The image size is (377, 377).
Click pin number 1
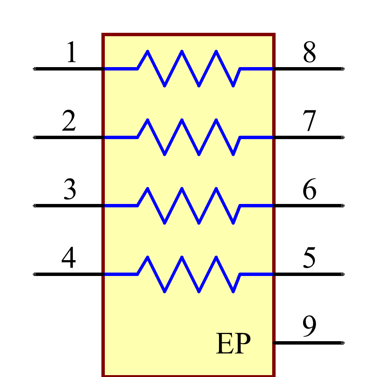point(71,52)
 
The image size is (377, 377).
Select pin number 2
point(69,121)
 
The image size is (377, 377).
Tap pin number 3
point(70,190)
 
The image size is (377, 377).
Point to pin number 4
point(69,258)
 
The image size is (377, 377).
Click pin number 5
point(309,258)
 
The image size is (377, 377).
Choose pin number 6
point(309,190)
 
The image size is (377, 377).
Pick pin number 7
point(309,121)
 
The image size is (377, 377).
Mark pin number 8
point(309,52)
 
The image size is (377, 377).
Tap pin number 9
point(309,326)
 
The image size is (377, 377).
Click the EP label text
point(233,343)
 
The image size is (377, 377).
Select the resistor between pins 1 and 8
point(188,69)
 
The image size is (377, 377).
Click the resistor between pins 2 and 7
point(188,137)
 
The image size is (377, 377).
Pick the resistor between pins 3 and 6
point(188,206)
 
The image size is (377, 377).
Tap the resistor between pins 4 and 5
point(188,274)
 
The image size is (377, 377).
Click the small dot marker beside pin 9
point(343,343)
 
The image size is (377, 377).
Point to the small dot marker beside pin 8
point(343,69)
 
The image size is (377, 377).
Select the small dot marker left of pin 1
point(34,69)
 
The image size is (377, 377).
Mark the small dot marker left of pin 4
point(34,274)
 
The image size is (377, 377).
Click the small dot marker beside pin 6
point(343,205)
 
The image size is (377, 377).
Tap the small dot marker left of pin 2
point(34,137)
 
